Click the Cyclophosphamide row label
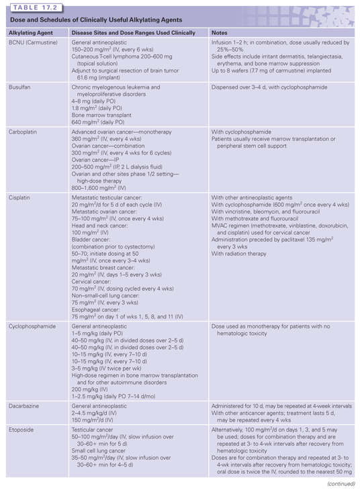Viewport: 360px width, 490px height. pos(31,324)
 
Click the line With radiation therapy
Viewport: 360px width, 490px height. pos(243,254)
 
